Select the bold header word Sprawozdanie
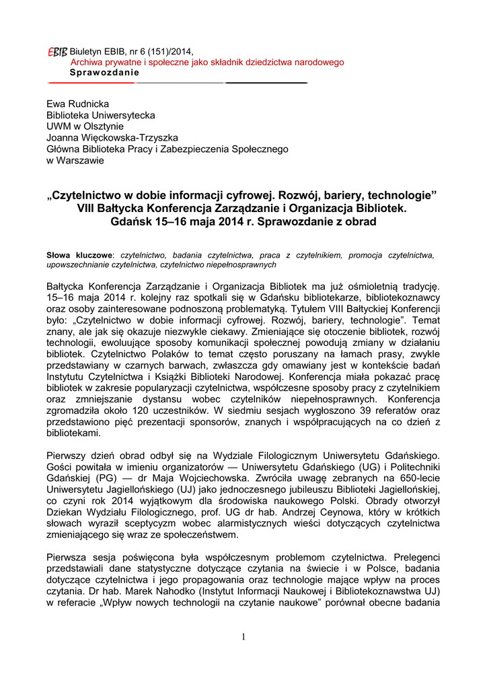coord(105,72)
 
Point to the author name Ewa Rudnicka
coord(77,104)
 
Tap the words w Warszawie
coord(75,161)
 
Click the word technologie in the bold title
coord(401,196)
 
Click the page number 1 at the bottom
coord(243,638)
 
